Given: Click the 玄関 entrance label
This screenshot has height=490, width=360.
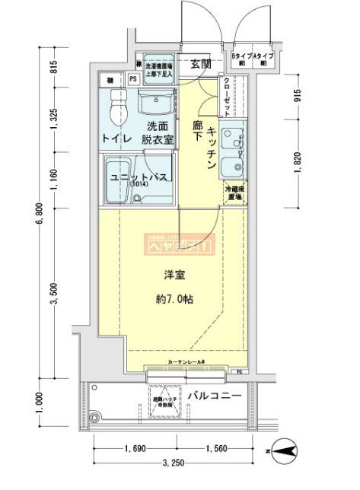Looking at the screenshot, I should coord(201,63).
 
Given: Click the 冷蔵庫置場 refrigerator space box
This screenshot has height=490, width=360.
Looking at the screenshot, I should coord(233,193).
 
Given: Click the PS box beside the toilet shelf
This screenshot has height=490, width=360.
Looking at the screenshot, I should coord(133,78).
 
